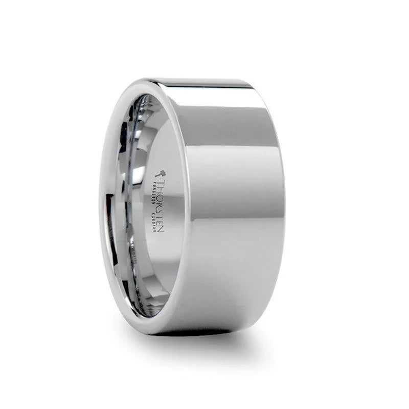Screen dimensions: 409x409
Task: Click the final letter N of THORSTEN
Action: (162, 229)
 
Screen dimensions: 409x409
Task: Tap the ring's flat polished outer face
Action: (230, 204)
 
